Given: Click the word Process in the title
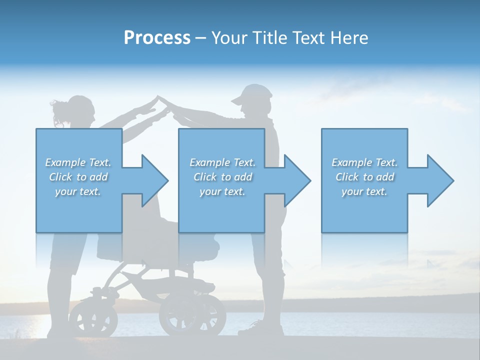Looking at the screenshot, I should pyautogui.click(x=157, y=37).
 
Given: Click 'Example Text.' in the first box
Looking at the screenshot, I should pyautogui.click(x=78, y=162).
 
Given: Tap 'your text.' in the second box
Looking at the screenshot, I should pyautogui.click(x=222, y=191).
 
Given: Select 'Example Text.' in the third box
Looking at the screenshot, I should pyautogui.click(x=364, y=162).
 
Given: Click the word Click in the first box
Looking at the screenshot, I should pyautogui.click(x=61, y=177).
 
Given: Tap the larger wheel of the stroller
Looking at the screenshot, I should pyautogui.click(x=192, y=315).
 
